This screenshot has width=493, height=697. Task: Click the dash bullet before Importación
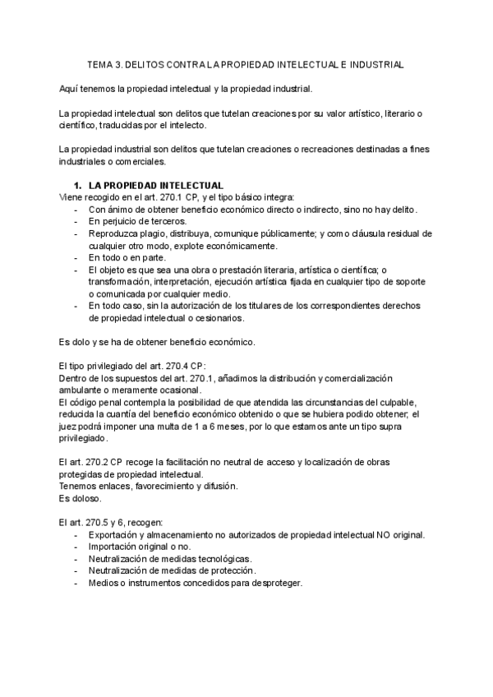click(x=76, y=547)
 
